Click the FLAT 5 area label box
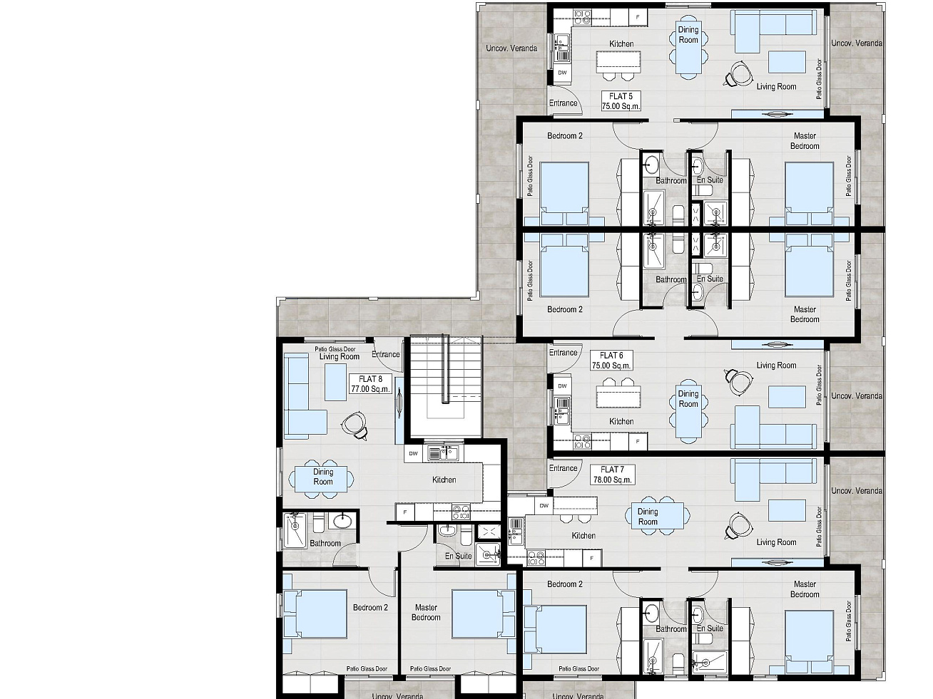click(x=621, y=101)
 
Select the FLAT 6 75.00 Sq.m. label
click(x=611, y=361)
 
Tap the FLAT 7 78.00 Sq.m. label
click(x=613, y=475)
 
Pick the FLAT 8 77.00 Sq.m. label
click(x=371, y=384)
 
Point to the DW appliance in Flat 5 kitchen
click(x=562, y=73)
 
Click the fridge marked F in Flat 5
click(x=638, y=17)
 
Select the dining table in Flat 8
click(x=322, y=479)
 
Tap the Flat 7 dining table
click(x=658, y=517)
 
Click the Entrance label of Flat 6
click(x=563, y=353)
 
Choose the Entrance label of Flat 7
click(x=563, y=468)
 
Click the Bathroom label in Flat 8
click(x=325, y=543)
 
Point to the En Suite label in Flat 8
click(x=458, y=556)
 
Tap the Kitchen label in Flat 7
click(x=583, y=536)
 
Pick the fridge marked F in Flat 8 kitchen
click(x=405, y=512)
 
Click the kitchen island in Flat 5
click(x=618, y=60)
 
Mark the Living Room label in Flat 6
click(x=776, y=366)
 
